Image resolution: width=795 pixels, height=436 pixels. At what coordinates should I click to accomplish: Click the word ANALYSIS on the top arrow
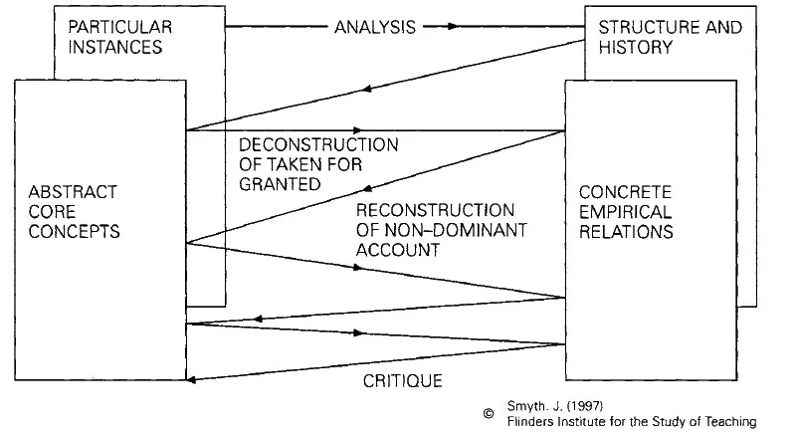pyautogui.click(x=375, y=27)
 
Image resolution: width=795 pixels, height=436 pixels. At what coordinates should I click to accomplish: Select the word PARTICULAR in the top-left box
pyautogui.click(x=110, y=27)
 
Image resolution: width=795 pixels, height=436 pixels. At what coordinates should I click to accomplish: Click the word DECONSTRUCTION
pyautogui.click(x=318, y=145)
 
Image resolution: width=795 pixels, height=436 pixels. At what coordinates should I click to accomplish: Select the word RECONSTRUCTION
pyautogui.click(x=435, y=211)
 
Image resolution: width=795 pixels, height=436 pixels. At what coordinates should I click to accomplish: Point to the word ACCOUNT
pyautogui.click(x=397, y=250)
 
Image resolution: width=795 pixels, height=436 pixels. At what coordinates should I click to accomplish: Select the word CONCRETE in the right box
pyautogui.click(x=626, y=192)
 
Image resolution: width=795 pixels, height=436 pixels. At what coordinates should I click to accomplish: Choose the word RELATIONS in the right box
pyautogui.click(x=627, y=231)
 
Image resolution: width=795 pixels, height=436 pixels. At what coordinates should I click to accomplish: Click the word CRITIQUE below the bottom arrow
pyautogui.click(x=402, y=381)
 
